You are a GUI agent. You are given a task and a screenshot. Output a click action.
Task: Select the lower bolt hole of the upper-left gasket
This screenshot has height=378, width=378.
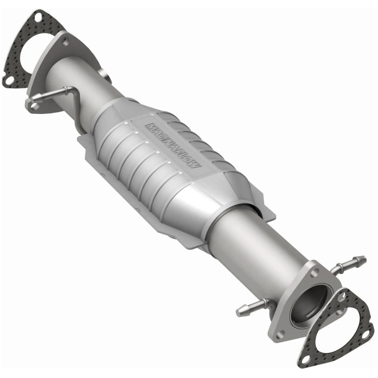coord(9,80)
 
